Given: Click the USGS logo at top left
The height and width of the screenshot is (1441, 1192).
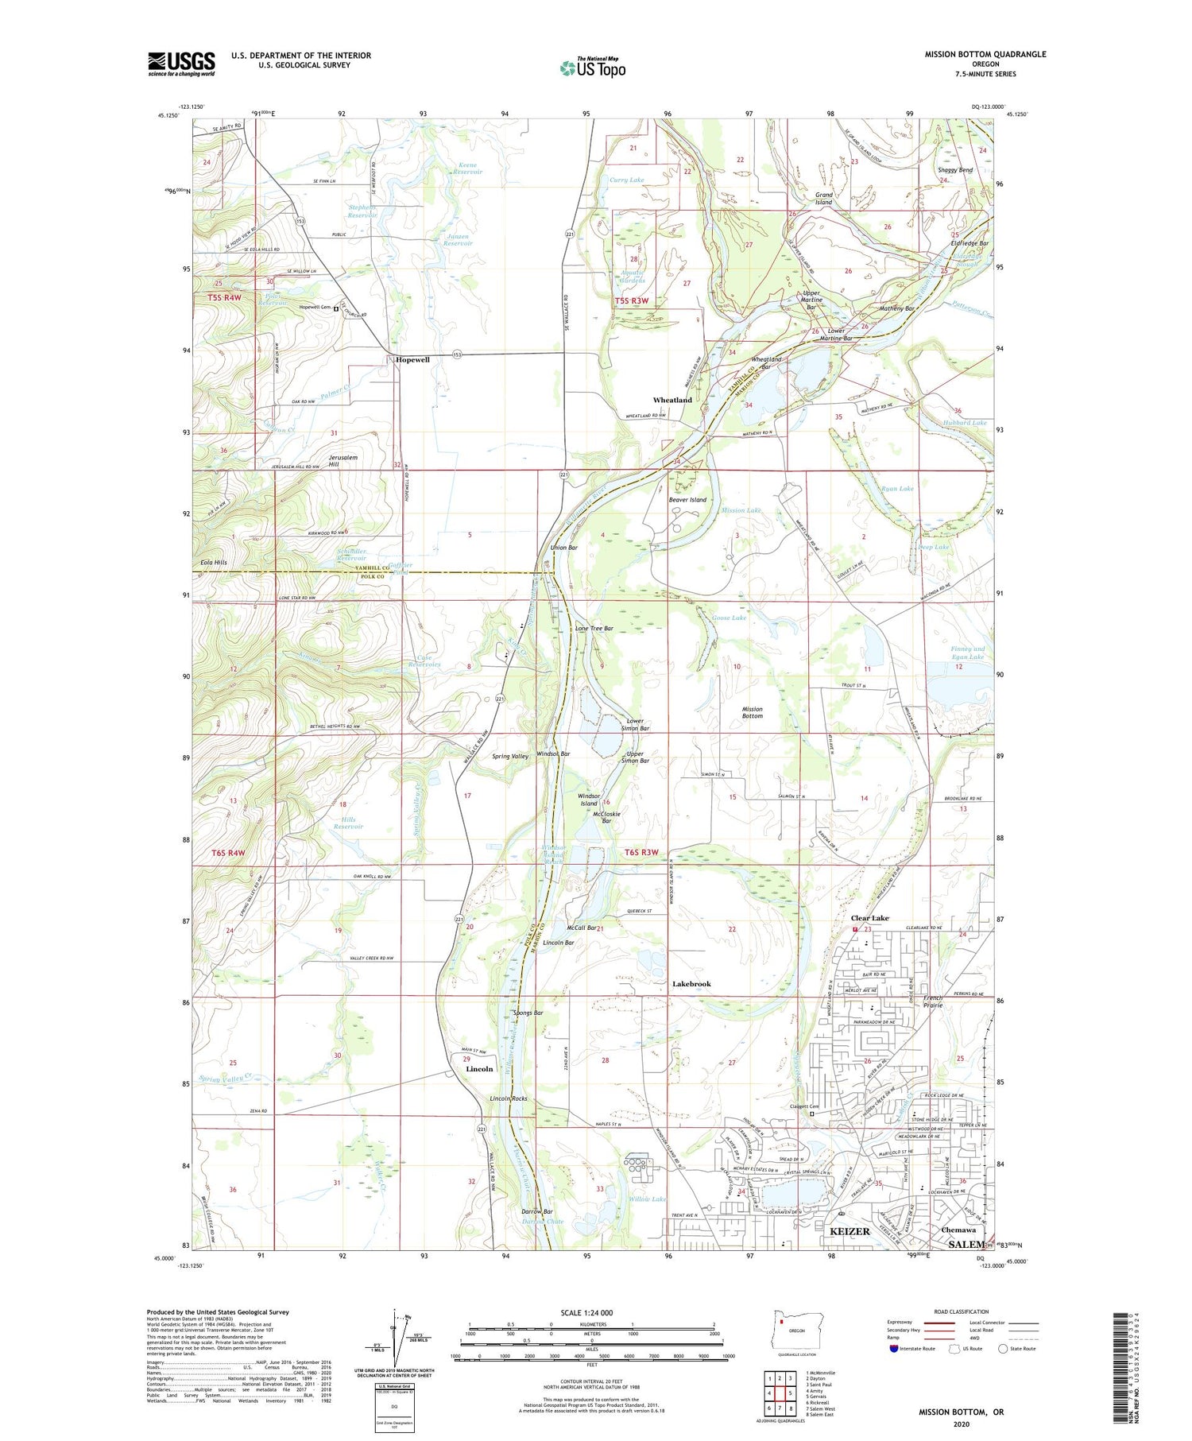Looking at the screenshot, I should point(181,64).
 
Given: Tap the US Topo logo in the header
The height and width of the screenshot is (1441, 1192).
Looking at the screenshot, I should point(592,68).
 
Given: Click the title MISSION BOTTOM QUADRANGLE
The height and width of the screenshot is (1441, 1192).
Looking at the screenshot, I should point(985,54).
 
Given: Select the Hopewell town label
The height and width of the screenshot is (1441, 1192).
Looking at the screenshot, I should point(412,360).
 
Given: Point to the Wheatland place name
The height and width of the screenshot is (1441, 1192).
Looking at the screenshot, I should point(672,400).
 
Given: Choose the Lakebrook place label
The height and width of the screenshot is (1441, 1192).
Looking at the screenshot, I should point(691,984).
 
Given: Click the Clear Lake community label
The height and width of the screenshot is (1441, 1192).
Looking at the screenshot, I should point(870,918).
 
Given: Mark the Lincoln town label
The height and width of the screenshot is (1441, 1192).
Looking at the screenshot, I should point(479,1069).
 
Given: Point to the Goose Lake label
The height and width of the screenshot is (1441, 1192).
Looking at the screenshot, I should point(729,618).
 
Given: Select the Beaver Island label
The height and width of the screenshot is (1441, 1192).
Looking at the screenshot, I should point(687,500).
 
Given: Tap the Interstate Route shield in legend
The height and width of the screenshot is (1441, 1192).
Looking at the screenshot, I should point(893,1348).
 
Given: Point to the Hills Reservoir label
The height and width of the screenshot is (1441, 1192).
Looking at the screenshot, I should point(348,823).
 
